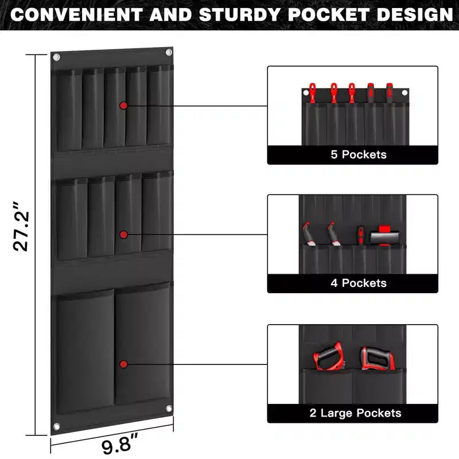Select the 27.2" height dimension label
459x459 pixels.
(21, 226)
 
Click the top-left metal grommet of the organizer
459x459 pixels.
(56, 57)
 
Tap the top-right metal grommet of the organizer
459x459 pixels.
(169, 52)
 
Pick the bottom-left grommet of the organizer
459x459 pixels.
(56, 426)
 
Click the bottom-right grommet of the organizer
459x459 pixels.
(169, 409)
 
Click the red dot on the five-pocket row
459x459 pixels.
(123, 106)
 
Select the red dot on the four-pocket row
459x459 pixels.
(123, 235)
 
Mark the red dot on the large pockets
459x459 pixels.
(123, 364)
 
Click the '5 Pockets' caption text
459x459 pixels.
(359, 154)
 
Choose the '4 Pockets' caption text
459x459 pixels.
(359, 283)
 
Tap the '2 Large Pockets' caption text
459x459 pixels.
(355, 413)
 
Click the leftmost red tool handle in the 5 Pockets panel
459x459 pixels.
(313, 93)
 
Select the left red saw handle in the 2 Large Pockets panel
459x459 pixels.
(328, 356)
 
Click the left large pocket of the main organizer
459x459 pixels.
(85, 351)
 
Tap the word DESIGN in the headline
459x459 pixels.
(415, 14)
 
